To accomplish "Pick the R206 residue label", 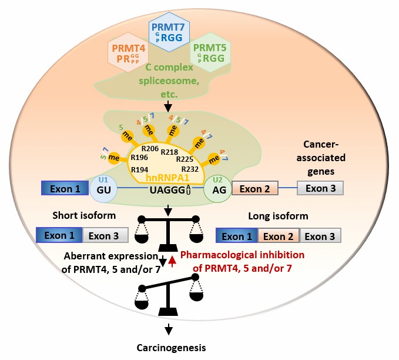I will [150, 149].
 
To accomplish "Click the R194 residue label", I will [138, 169].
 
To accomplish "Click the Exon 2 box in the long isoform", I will [278, 236].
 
